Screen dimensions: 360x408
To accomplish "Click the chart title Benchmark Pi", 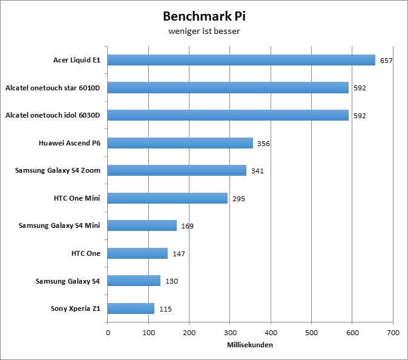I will pos(204,16).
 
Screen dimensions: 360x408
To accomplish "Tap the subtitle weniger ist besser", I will pos(204,32).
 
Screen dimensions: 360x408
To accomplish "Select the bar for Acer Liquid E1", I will pos(242,60).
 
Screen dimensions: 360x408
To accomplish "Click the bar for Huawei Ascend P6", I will pos(180,143).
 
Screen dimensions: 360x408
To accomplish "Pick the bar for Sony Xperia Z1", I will pos(131,308).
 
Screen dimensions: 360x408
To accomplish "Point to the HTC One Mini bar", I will pos(168,198).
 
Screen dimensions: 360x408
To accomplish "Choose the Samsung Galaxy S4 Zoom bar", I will pos(177,170).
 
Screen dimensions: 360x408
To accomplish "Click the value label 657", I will pos(386,61).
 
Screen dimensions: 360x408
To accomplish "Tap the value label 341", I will pos(257,171).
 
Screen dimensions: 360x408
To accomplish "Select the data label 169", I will pos(187,226).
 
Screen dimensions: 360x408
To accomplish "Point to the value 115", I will pos(165,309).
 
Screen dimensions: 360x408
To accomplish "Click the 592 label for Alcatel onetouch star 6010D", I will pos(360,88).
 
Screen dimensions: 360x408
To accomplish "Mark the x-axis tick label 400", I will pos(271,332).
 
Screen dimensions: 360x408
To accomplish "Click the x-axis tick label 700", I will pos(393,332).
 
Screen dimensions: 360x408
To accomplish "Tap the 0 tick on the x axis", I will pos(108,332).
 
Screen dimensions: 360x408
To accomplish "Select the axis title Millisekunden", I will pos(250,345).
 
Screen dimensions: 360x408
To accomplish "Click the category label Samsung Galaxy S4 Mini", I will pos(59,225).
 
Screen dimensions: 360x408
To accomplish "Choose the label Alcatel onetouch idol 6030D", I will pos(53,115).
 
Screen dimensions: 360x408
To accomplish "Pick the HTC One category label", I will pos(85,253).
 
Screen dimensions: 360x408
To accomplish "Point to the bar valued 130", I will pos(134,281).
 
